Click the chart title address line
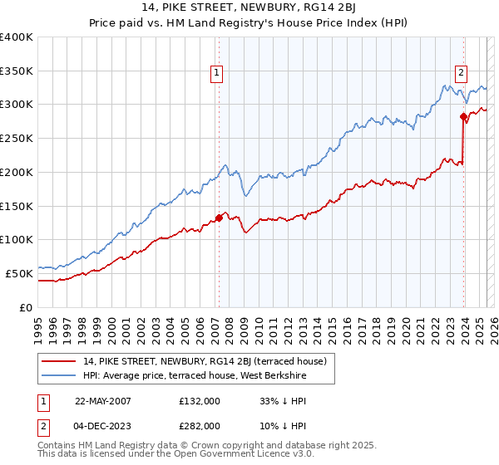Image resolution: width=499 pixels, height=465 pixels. point(249,9)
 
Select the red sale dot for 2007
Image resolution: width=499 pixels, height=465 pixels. point(219,218)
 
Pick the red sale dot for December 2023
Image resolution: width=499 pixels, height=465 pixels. point(463,117)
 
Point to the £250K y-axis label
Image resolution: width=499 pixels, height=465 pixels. point(17,139)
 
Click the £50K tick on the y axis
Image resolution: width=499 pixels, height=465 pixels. point(20,273)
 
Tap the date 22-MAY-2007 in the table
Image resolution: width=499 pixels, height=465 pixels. point(103,400)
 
